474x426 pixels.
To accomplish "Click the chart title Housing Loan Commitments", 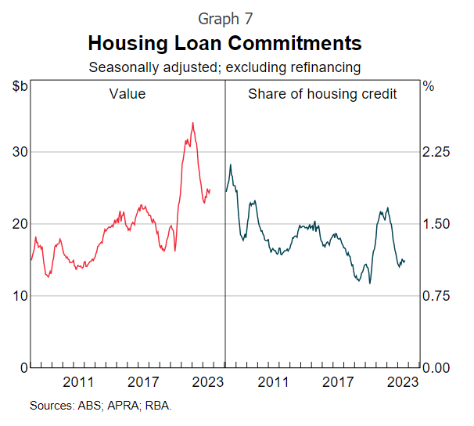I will [224, 42].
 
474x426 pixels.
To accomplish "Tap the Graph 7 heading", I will [224, 17].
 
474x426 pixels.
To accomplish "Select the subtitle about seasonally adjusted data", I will [224, 67].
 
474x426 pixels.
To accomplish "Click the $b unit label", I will [20, 86].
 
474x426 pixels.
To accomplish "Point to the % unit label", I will [428, 86].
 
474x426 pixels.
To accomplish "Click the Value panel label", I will [127, 95].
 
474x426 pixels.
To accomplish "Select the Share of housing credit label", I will [322, 95].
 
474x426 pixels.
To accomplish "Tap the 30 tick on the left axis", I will [18, 152].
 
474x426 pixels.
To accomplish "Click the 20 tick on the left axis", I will [18, 224].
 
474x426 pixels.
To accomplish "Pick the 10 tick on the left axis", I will [18, 296].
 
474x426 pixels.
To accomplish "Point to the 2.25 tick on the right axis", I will [437, 152].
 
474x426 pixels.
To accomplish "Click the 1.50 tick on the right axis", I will [437, 224].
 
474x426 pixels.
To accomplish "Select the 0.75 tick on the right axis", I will [437, 296].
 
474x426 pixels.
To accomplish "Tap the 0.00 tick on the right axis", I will [437, 368].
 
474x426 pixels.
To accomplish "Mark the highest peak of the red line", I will [192, 123].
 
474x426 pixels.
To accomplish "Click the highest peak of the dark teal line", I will [231, 164].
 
